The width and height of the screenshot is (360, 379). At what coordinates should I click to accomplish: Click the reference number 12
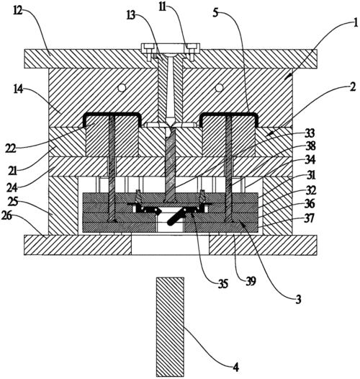[18, 11]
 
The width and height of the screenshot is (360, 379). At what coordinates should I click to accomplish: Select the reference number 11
[163, 7]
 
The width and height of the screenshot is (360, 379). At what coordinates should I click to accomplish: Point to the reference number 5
[215, 12]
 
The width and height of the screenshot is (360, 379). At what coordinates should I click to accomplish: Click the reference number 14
[19, 89]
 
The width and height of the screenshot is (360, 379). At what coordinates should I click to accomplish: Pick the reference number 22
[11, 148]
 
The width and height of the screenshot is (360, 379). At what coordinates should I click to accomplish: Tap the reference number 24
[12, 188]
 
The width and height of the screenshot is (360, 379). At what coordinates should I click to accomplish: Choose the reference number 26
[6, 215]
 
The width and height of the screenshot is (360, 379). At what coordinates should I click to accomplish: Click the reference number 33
[310, 133]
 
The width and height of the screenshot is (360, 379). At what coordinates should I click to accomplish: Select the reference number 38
[310, 146]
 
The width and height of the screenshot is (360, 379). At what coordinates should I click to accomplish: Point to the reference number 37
[310, 218]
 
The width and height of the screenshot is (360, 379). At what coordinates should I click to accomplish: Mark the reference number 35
[223, 284]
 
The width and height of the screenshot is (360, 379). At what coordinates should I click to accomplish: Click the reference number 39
[251, 281]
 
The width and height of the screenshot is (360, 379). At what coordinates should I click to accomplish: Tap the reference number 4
[236, 367]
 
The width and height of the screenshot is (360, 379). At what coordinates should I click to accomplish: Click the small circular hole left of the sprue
[122, 87]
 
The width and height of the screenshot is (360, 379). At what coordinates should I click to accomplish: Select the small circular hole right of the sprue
[219, 87]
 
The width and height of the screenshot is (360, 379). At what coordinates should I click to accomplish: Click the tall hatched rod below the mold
[170, 327]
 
